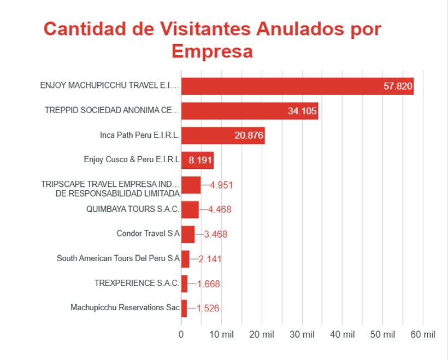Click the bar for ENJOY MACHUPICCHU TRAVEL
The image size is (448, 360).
(297, 86)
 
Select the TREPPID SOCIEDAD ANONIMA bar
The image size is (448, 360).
(250, 111)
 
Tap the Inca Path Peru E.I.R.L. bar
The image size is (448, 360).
(223, 135)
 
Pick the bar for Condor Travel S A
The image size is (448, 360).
(188, 234)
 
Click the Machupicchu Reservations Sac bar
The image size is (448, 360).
(184, 308)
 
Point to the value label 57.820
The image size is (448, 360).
(398, 86)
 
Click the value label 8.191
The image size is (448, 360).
(200, 160)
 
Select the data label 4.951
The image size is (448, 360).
(221, 185)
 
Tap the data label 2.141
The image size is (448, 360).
(210, 259)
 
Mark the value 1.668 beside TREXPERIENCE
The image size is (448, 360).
(209, 284)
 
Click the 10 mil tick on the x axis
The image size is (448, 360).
(221, 334)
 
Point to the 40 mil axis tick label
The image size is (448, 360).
(343, 334)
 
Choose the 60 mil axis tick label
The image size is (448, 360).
(423, 334)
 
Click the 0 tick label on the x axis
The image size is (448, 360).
(181, 334)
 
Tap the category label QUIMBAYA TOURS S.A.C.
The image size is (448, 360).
(133, 209)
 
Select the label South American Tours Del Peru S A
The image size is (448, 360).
(119, 258)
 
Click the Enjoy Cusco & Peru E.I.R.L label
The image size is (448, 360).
(132, 160)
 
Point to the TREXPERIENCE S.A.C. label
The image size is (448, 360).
(137, 283)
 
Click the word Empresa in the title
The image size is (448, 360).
(213, 51)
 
